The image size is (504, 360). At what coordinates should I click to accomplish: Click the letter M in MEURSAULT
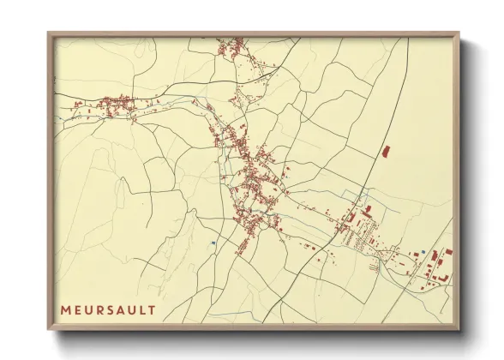point(66,309)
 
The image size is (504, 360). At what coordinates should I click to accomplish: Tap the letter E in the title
point(79,309)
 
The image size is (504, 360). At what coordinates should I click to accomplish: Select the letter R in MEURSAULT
point(102,309)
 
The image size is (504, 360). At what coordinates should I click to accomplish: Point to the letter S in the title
point(113,309)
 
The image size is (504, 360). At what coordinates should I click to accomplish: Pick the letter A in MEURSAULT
point(124,309)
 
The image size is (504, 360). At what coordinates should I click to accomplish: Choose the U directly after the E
point(90,309)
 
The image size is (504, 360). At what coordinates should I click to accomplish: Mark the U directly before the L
point(135,309)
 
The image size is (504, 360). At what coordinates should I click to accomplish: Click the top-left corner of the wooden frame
point(49,33)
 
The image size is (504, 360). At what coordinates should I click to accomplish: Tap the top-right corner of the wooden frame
point(459,33)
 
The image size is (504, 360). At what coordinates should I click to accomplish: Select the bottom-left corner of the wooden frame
point(49,328)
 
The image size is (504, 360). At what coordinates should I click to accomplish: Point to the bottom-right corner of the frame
point(459,328)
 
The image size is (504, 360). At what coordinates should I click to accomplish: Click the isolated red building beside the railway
point(385,151)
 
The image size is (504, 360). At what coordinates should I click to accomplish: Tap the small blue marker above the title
point(212,243)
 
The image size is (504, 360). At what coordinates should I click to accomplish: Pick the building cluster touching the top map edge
point(231,45)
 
